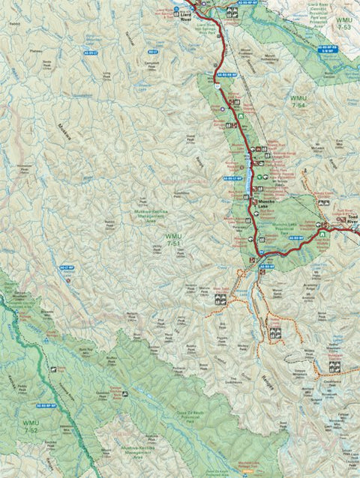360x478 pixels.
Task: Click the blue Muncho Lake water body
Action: [x=250, y=178]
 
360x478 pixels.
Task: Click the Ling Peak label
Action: [x=106, y=75]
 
